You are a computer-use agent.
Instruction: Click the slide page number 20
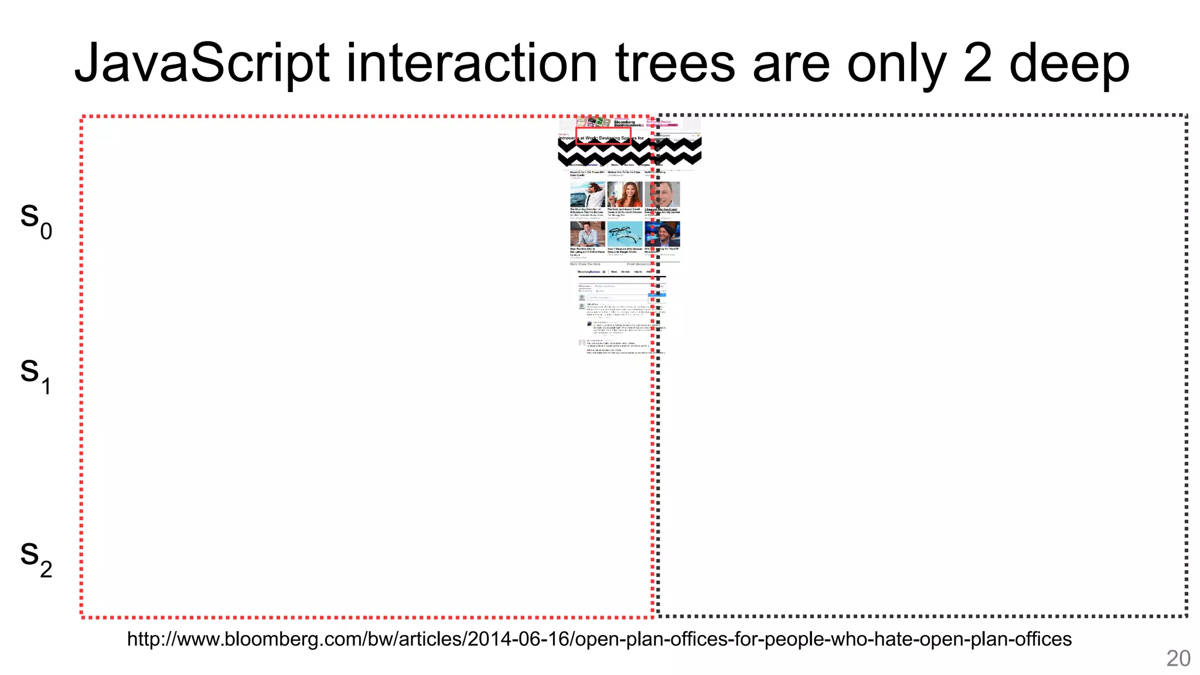[1178, 659]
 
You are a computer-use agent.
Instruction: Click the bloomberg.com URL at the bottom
[599, 639]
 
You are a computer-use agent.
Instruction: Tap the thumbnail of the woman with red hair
[625, 194]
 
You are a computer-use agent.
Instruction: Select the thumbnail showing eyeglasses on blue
[625, 234]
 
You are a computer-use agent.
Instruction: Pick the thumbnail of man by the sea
[587, 194]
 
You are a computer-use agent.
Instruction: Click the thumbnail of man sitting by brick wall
[587, 234]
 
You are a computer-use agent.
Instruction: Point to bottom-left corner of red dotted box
[82, 616]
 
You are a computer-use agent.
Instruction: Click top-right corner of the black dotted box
[1186, 116]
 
